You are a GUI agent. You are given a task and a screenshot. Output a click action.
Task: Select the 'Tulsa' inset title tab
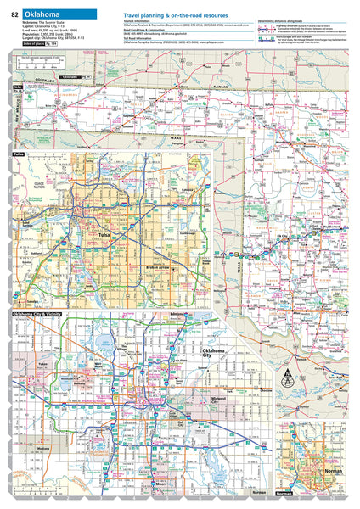(19, 154)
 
